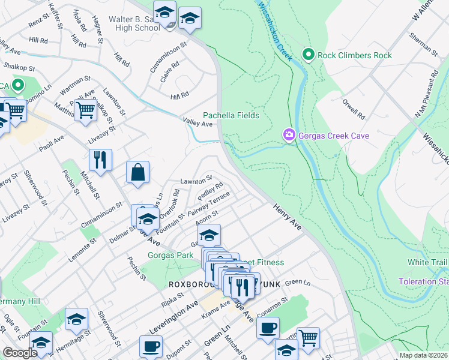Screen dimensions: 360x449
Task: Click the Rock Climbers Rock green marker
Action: pyautogui.click(x=309, y=55)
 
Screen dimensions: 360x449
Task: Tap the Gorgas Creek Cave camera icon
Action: pyautogui.click(x=289, y=136)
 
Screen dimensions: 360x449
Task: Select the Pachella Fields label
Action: pyautogui.click(x=231, y=115)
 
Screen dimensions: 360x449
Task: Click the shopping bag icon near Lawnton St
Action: pyautogui.click(x=138, y=173)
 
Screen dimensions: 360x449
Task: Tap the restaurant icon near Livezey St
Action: pyautogui.click(x=100, y=160)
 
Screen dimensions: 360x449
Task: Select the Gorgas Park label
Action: pyautogui.click(x=170, y=255)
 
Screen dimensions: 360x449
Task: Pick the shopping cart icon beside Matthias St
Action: pyautogui.click(x=86, y=110)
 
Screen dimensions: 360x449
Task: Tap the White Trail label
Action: pyautogui.click(x=427, y=263)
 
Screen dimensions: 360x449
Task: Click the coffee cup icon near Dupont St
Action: pyautogui.click(x=151, y=346)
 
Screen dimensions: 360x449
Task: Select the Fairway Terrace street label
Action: pyautogui.click(x=208, y=204)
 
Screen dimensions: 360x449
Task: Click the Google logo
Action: pyautogui.click(x=20, y=353)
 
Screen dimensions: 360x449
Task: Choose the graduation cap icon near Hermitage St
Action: pyautogui.click(x=76, y=320)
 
